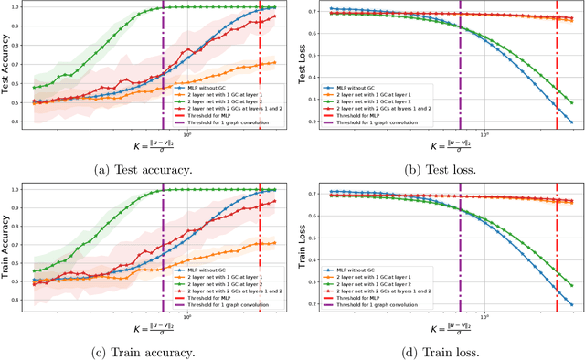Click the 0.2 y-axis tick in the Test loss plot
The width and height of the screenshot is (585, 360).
[318, 122]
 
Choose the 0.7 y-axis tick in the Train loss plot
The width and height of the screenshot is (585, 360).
[318, 192]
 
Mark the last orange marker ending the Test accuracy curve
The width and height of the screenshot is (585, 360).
[275, 63]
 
